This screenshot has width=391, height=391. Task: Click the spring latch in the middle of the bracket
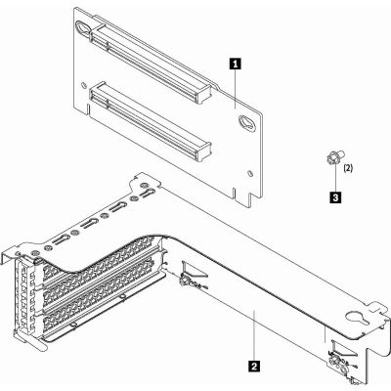(x=185, y=282)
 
